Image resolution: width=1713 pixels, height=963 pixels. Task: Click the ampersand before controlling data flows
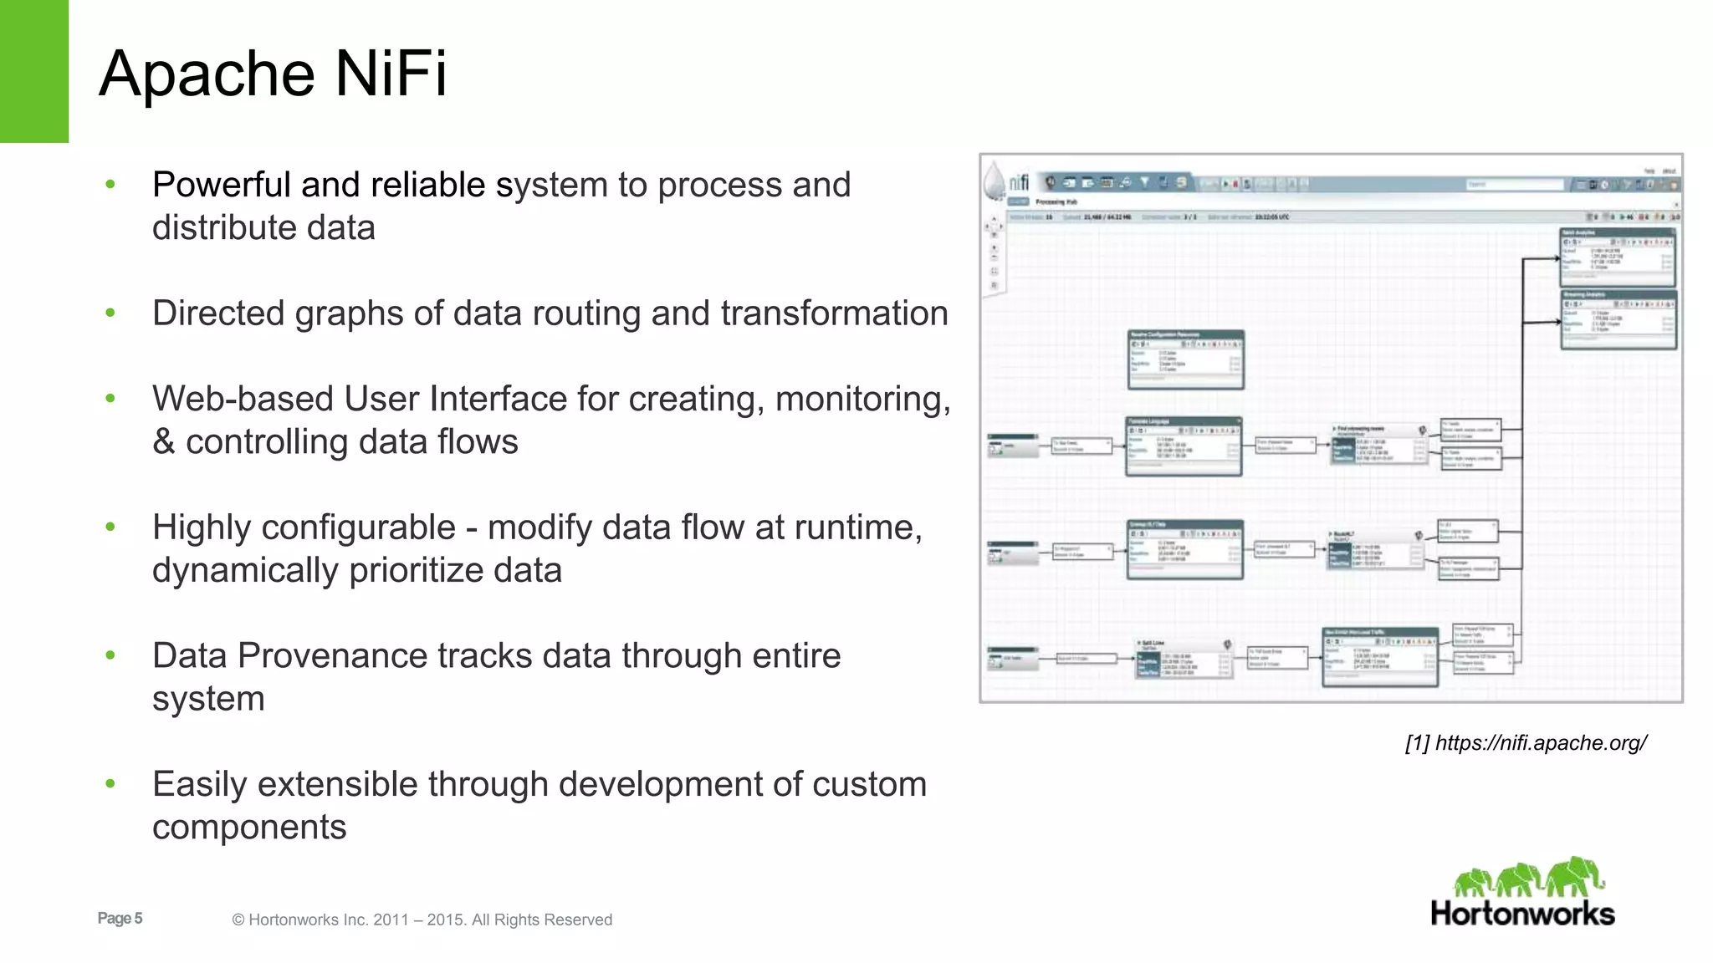coord(163,442)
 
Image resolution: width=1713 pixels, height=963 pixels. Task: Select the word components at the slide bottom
coord(249,828)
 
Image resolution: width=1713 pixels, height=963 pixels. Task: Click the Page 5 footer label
coord(120,919)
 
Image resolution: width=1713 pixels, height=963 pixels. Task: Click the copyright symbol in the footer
coord(238,920)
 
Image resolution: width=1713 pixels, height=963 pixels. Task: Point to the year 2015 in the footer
coord(445,920)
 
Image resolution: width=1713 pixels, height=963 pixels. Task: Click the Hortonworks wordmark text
coord(1522,914)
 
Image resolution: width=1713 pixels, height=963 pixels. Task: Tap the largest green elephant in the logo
coord(1574,876)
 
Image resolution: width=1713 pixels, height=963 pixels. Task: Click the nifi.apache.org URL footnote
coord(1541,743)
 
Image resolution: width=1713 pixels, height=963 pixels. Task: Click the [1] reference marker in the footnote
coord(1418,743)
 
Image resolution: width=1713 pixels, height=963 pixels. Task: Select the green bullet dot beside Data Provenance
coord(110,655)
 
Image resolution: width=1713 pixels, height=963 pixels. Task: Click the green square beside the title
coord(34,71)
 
